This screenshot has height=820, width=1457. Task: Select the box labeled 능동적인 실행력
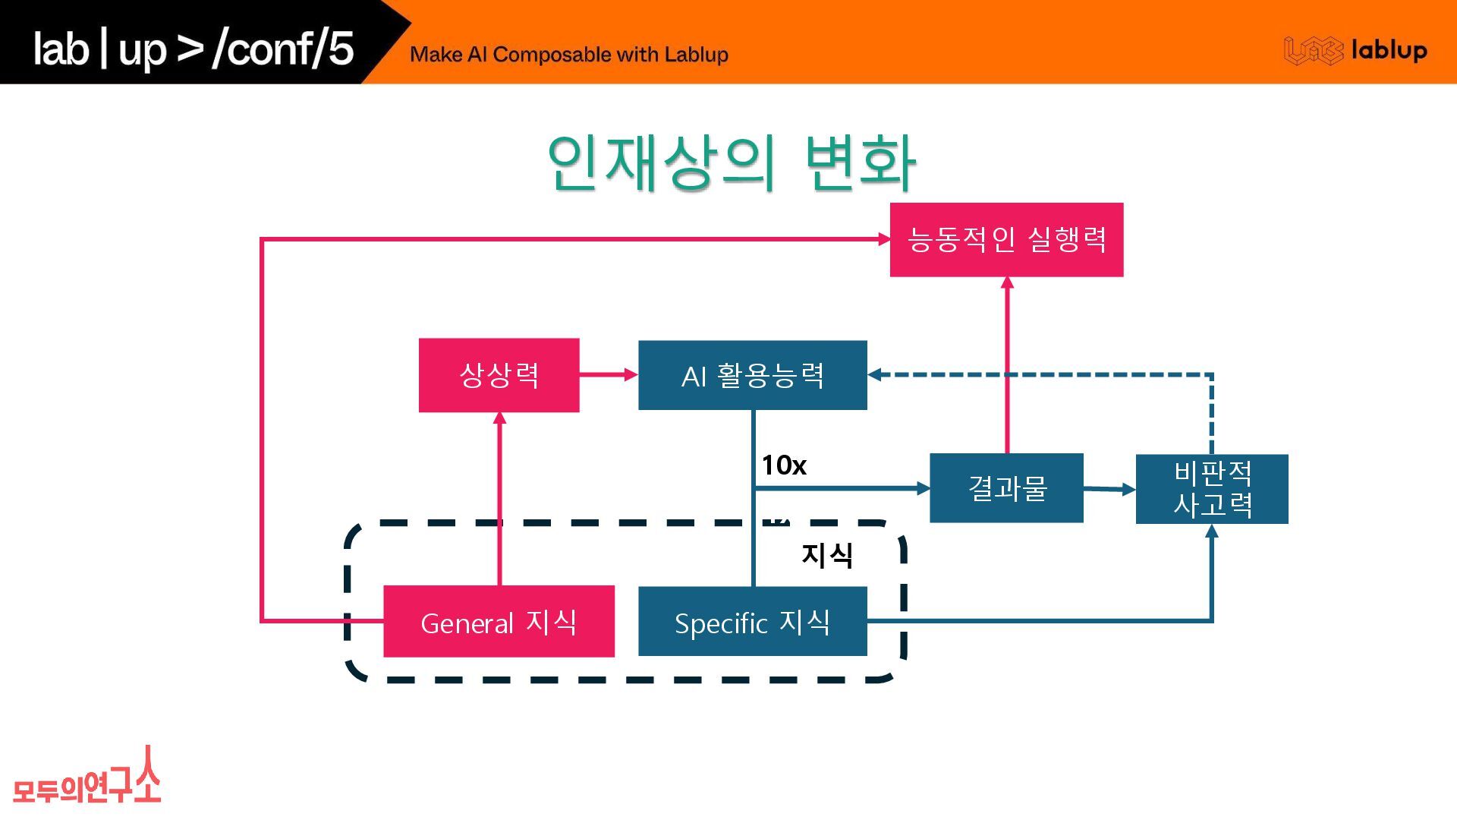tap(1006, 240)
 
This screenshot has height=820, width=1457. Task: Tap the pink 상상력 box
tap(499, 375)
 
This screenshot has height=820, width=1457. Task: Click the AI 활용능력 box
tap(752, 375)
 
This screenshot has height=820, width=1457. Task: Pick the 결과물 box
tap(1006, 488)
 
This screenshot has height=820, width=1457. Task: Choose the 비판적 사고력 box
tap(1211, 489)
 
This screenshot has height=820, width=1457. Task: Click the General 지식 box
tap(499, 622)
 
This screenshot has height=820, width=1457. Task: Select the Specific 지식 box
tap(752, 622)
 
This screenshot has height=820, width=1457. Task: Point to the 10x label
tap(783, 465)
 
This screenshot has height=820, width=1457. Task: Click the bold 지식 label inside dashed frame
tap(826, 555)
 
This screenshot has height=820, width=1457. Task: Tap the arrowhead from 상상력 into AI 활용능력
tap(631, 374)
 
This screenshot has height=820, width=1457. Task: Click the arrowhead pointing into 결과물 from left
tap(923, 488)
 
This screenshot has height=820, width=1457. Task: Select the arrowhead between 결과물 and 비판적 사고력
tap(1128, 490)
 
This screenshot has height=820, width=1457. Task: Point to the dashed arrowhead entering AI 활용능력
tap(875, 374)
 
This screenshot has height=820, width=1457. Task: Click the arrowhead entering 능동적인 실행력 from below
tap(1007, 283)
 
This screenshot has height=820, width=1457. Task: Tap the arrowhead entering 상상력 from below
tap(499, 418)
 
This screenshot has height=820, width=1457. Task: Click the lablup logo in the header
tap(1355, 51)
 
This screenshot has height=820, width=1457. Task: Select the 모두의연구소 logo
tap(87, 778)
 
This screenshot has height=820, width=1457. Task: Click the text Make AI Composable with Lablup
tap(568, 55)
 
